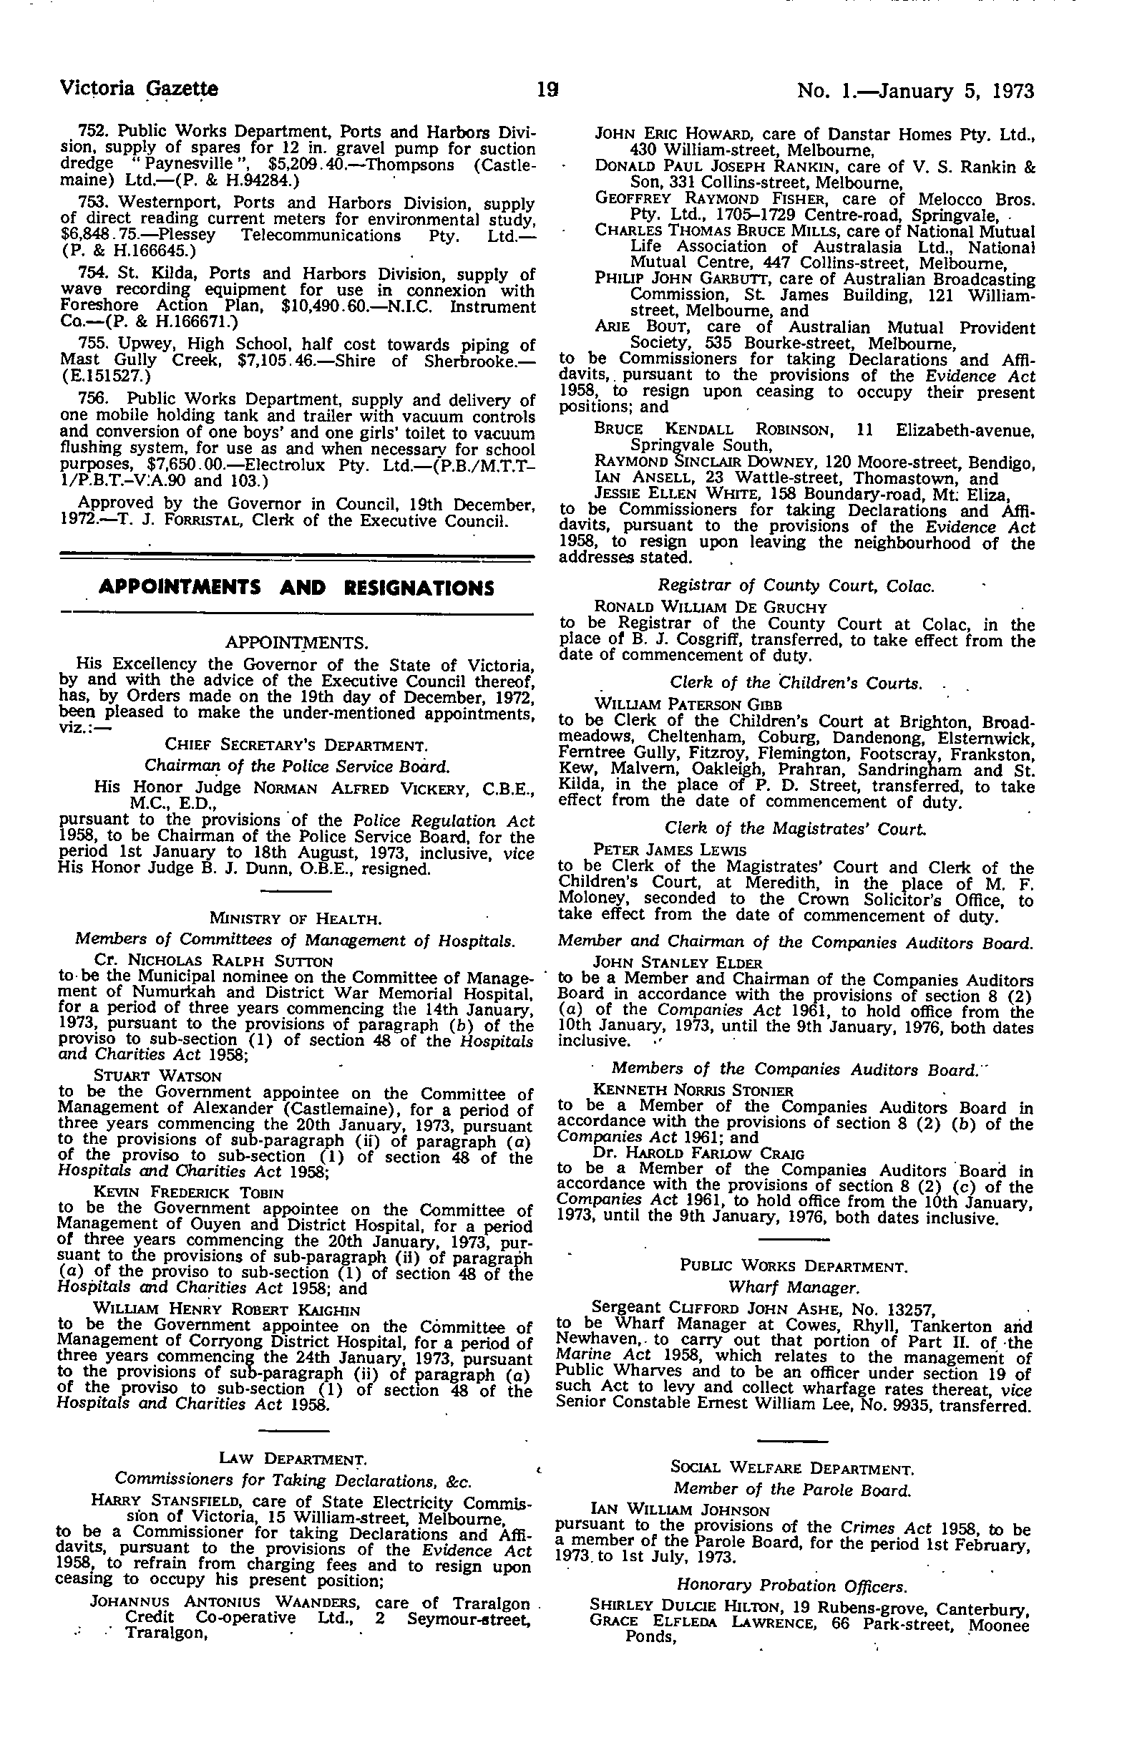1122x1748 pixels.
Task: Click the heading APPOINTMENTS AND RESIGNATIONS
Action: [296, 587]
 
